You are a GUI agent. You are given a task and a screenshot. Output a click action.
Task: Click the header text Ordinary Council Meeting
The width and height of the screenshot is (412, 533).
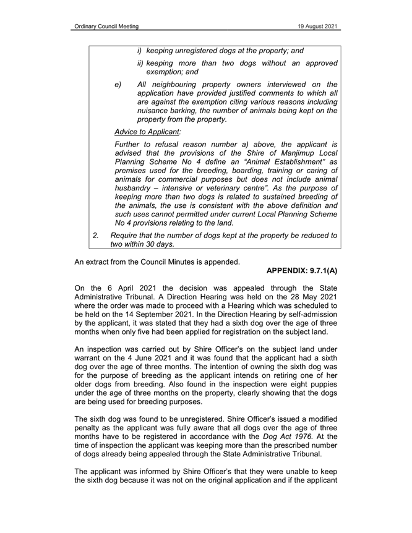coord(105,26)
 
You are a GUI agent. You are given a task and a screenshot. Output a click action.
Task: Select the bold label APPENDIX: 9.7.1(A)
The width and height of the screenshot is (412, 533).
coord(302,271)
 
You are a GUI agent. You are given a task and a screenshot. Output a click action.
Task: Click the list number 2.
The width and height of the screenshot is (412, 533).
coord(96,235)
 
